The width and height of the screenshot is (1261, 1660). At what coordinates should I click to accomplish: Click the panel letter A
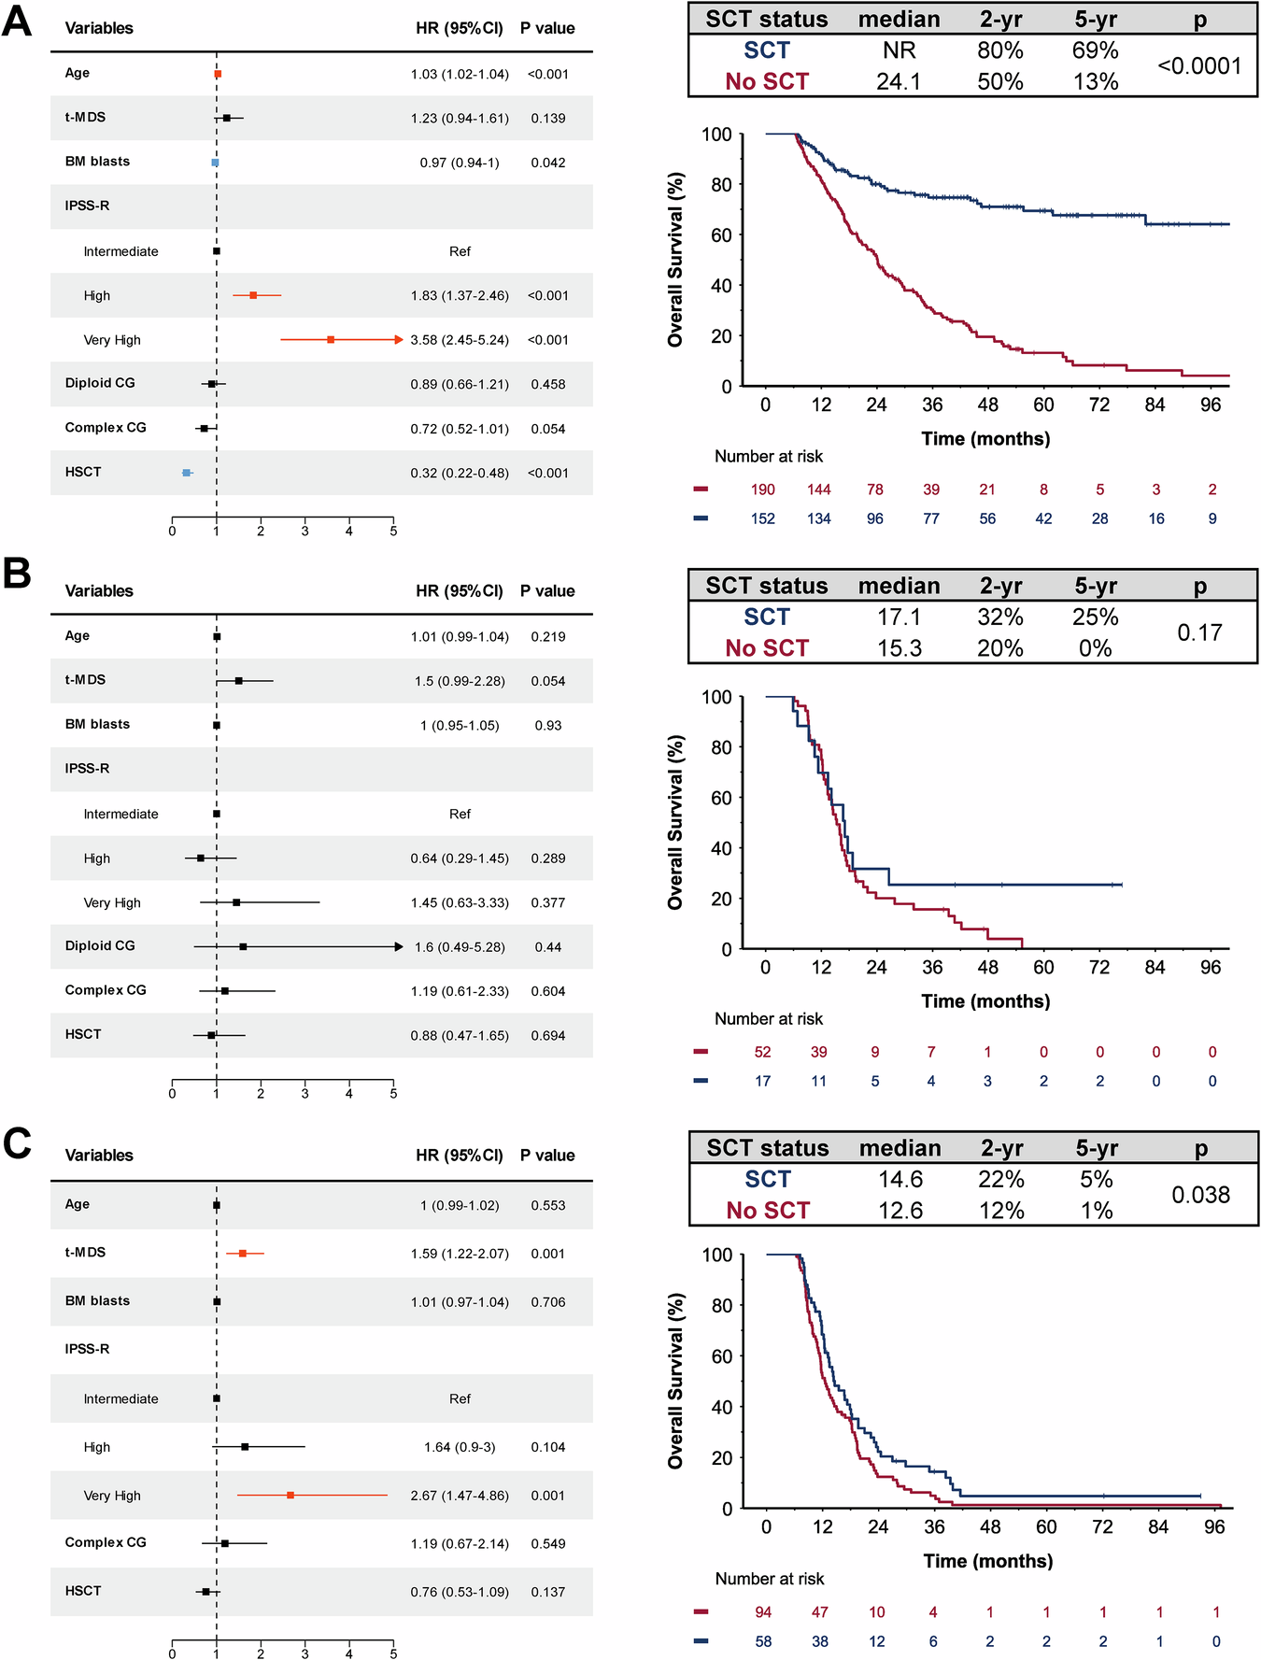tap(17, 21)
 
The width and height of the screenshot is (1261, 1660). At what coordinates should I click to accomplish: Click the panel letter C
tap(17, 1143)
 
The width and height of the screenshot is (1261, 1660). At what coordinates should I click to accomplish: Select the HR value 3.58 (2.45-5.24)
tap(460, 340)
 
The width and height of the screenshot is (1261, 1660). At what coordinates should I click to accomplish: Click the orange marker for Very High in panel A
tap(331, 340)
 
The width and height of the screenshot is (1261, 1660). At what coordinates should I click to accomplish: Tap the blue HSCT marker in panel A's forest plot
tap(187, 473)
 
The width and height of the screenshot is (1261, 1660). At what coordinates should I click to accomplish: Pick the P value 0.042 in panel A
tap(547, 163)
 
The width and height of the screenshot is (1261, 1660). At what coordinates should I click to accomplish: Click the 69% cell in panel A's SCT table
tap(1095, 50)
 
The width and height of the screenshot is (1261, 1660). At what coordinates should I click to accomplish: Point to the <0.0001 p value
tap(1199, 66)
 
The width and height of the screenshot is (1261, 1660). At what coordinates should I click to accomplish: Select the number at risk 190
tap(762, 489)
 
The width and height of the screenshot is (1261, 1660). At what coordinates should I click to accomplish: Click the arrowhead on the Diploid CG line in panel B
tap(399, 947)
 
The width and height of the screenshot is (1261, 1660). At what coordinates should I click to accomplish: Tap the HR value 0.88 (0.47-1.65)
tap(460, 1036)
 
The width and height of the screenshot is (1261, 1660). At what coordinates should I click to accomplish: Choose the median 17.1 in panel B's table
tap(899, 617)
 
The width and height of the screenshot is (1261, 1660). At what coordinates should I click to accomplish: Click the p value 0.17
tap(1199, 633)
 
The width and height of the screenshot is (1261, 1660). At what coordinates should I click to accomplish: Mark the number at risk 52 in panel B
tap(762, 1052)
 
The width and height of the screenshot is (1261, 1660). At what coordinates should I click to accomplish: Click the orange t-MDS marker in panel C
tap(243, 1254)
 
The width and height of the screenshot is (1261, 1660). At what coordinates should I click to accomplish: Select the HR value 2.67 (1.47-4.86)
tap(460, 1496)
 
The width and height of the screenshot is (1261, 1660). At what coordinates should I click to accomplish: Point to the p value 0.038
tap(1200, 1195)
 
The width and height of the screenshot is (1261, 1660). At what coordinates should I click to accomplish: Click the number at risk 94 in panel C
tap(763, 1612)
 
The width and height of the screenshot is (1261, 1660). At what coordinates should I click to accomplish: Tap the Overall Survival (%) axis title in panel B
tap(675, 822)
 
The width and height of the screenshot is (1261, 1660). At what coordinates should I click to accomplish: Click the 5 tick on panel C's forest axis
tap(393, 1653)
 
